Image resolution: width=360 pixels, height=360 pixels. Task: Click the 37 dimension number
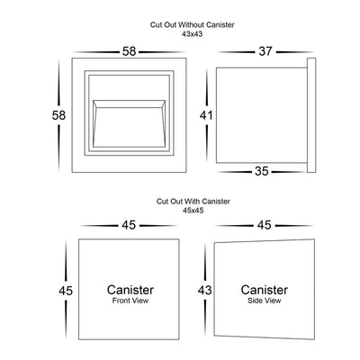pos(265,51)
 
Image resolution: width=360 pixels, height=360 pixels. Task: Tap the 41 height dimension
pos(206,115)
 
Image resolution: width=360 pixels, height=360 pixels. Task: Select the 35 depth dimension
pos(261,171)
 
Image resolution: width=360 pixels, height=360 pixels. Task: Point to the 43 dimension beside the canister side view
pos(204,290)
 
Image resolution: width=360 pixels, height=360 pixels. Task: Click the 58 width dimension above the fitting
pos(129,51)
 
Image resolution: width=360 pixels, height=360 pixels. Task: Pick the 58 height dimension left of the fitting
pos(58,115)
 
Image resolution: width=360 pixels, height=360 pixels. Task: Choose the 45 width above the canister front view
pos(129,225)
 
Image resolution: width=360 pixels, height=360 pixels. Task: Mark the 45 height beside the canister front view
pos(66,291)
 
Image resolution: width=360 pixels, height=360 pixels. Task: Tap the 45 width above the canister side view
pos(265,225)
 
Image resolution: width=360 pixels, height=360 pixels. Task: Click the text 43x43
pos(192,34)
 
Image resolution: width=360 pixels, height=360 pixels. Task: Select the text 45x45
pos(193,211)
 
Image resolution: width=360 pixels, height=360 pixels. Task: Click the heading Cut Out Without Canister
pos(192,25)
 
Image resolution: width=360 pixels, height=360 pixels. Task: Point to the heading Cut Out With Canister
pos(193,202)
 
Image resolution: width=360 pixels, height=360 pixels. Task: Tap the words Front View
pos(130,301)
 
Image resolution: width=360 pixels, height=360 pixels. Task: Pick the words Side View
pos(265,301)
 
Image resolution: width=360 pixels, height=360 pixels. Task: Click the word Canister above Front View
pos(130,290)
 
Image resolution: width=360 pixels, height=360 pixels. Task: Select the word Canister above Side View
pos(265,290)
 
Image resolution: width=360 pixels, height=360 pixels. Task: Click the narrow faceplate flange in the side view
pos(311,115)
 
